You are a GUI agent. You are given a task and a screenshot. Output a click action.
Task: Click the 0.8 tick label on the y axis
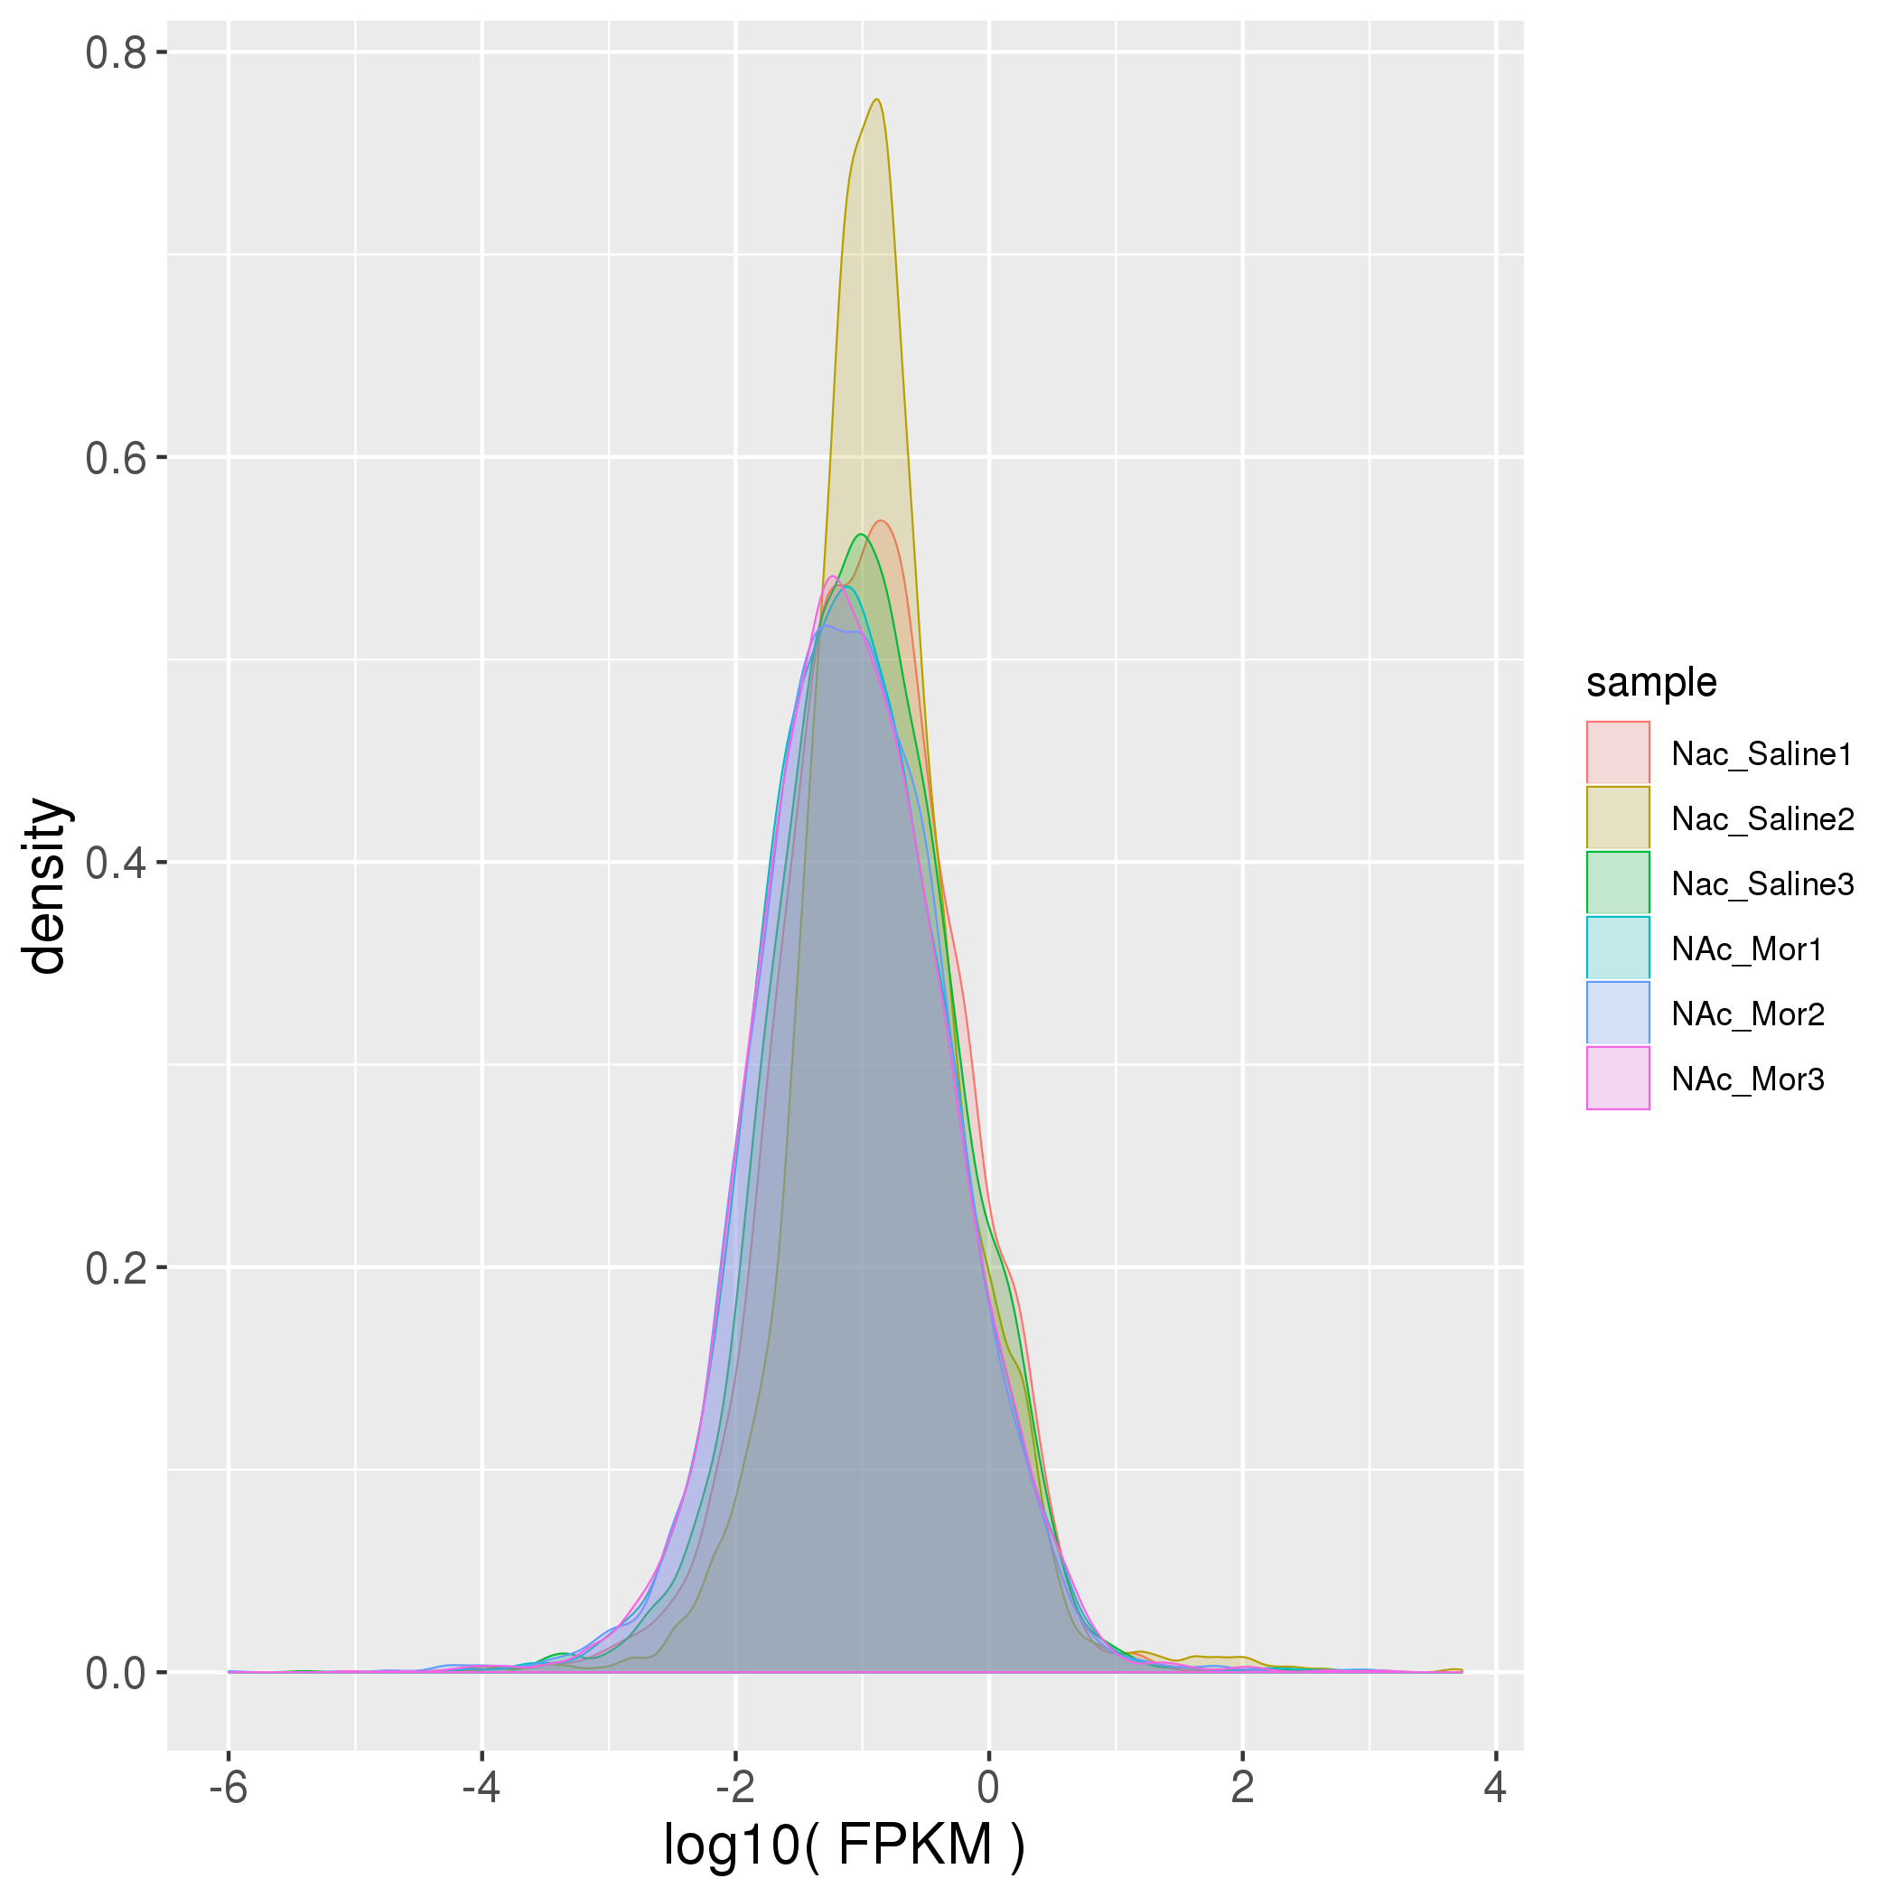coord(116,53)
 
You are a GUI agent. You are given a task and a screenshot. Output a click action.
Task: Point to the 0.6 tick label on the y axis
coord(116,459)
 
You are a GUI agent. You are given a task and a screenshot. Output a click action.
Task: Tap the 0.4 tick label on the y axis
coord(116,864)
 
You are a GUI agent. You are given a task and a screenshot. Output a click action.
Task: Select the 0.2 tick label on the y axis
coord(116,1268)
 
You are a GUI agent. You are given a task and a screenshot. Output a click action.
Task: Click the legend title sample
coord(1651,682)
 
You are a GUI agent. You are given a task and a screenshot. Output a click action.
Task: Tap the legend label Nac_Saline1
coord(1761,754)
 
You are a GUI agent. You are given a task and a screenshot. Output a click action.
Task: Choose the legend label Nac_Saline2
coord(1762,819)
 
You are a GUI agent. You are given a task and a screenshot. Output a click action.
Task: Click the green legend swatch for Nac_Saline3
coord(1618,883)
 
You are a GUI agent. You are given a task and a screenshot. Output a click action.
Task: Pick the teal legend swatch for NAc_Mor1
coord(1618,948)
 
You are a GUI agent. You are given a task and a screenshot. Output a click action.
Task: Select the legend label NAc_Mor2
coord(1748,1014)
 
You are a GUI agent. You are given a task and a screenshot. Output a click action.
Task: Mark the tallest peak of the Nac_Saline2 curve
coord(877,99)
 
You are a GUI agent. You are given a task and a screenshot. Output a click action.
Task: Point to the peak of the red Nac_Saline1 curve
coord(882,520)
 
